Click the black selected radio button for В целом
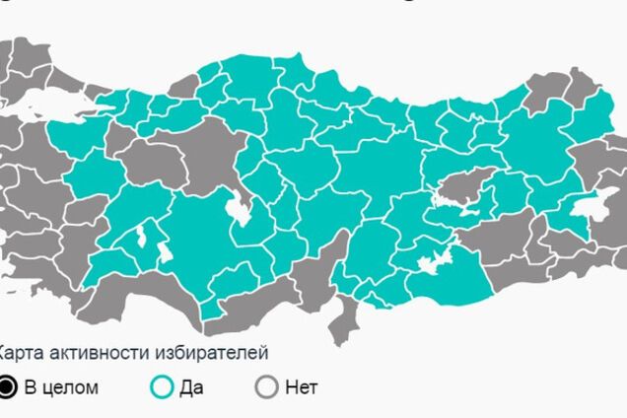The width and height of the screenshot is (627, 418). (x=8, y=387)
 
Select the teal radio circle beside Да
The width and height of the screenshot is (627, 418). (x=162, y=387)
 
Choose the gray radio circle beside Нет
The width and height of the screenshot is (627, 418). (x=266, y=387)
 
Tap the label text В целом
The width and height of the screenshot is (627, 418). (x=61, y=387)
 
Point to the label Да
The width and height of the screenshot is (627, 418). (x=191, y=387)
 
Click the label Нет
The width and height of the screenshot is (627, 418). (x=301, y=387)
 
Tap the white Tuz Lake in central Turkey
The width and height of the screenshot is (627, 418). (x=237, y=209)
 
